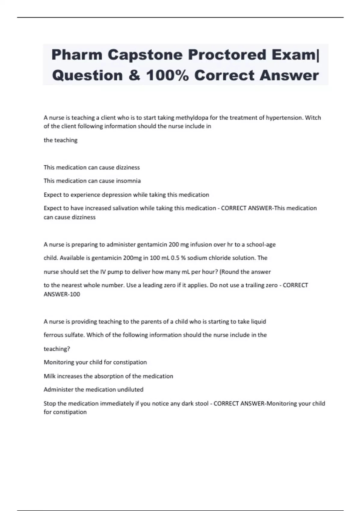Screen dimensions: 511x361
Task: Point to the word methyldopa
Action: (192, 118)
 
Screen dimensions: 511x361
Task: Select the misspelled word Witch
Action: (313, 118)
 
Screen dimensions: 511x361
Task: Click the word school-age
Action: (261, 245)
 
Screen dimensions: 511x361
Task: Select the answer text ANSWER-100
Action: (62, 294)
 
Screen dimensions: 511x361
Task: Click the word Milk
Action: (50, 376)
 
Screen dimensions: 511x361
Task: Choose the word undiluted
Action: (130, 390)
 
